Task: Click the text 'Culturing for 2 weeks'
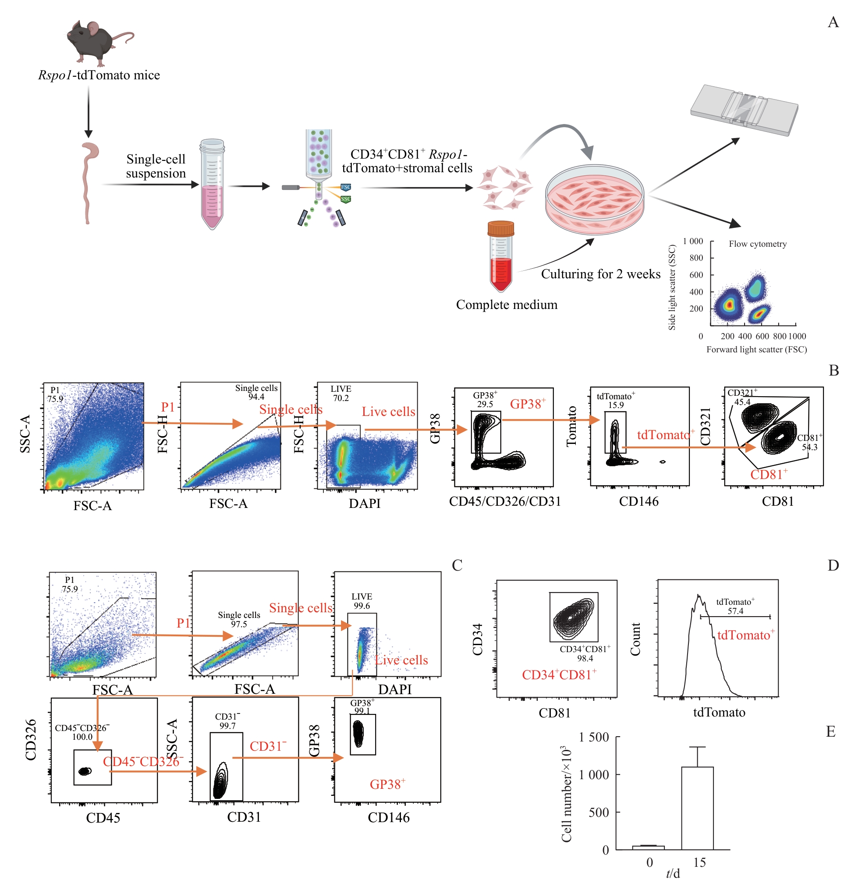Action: (x=600, y=274)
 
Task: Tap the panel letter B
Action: (x=833, y=370)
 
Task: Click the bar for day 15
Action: (x=697, y=808)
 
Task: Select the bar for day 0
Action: (x=648, y=847)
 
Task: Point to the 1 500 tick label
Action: (x=593, y=737)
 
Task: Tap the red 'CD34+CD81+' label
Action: (x=559, y=675)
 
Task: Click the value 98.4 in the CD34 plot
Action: (x=585, y=658)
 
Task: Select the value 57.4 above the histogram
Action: (x=735, y=611)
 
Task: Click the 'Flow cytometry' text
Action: (x=757, y=244)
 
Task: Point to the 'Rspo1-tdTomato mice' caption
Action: (x=99, y=75)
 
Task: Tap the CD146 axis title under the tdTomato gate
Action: (x=638, y=501)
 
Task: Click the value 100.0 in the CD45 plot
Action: (x=82, y=737)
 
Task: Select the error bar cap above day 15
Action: (x=697, y=747)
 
